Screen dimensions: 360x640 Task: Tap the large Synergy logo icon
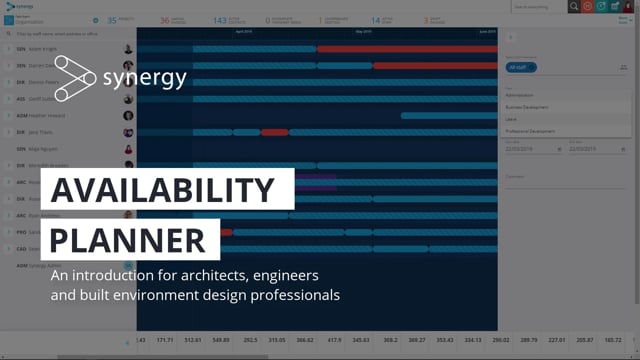click(x=72, y=78)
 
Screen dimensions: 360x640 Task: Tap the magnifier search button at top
click(x=574, y=6)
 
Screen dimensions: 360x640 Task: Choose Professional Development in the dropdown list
click(x=530, y=132)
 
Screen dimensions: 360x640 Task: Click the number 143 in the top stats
click(x=219, y=19)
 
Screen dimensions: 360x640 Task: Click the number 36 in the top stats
click(x=164, y=19)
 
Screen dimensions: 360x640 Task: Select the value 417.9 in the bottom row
click(x=334, y=340)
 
